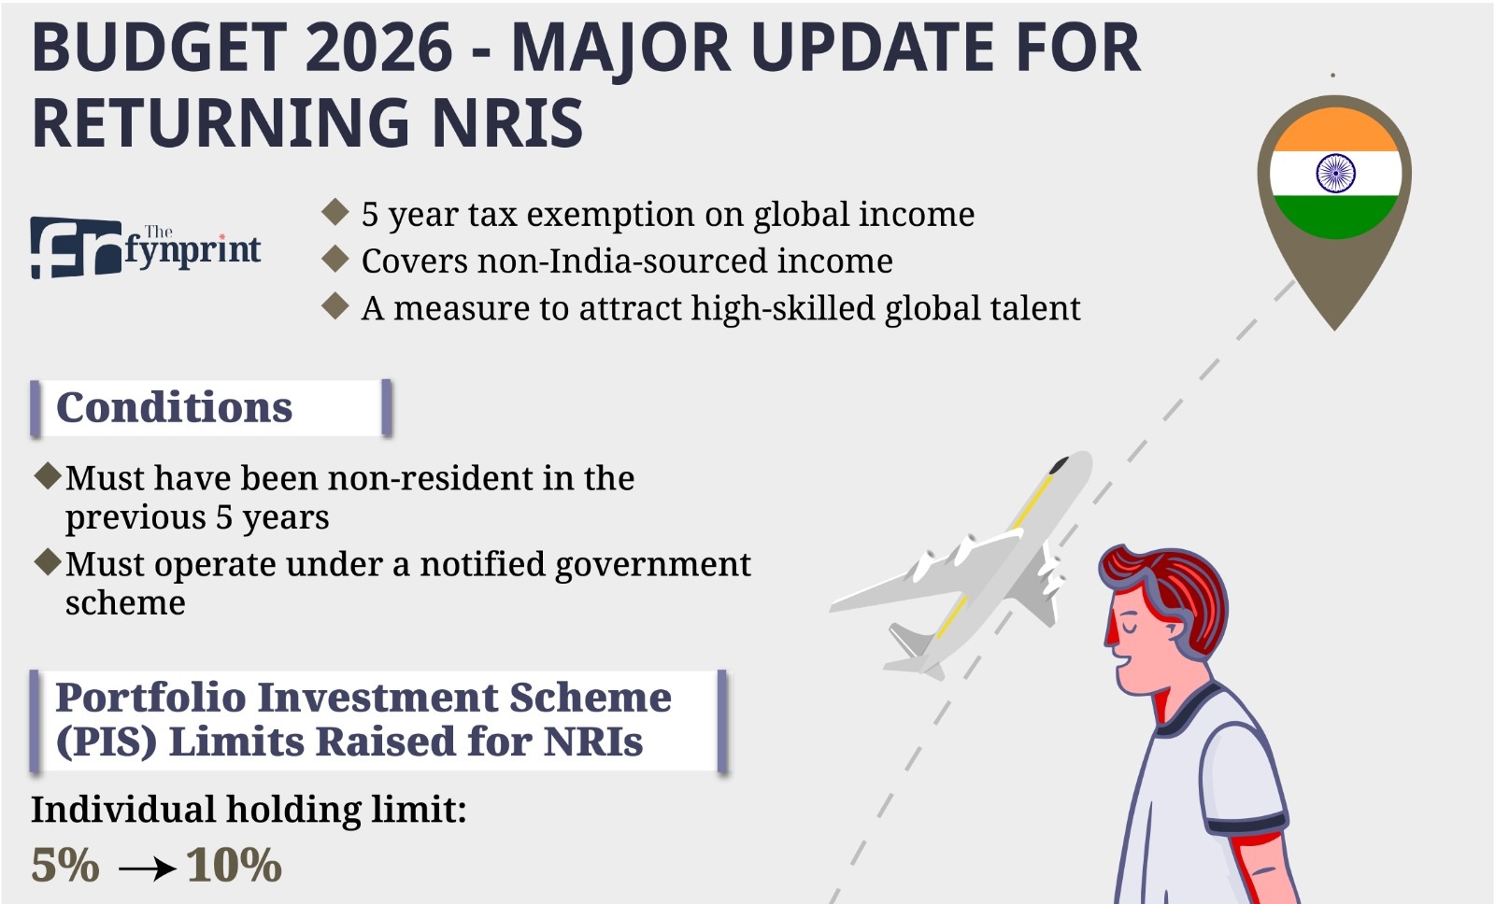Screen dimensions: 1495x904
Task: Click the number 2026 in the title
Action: pos(378,48)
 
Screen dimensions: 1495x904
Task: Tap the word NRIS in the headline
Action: pos(507,122)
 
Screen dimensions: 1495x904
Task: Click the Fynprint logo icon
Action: pos(76,247)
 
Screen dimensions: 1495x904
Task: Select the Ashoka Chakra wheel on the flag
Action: pos(1335,173)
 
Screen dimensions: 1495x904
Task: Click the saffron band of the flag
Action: pos(1335,130)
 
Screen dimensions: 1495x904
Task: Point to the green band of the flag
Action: pos(1335,217)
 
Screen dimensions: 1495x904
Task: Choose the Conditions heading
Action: pos(174,407)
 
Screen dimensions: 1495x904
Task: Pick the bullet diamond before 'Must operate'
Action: pos(48,562)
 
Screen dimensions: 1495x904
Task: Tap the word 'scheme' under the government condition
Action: pos(125,603)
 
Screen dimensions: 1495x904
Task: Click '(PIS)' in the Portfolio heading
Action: pos(107,742)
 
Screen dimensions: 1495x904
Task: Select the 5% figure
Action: pos(65,866)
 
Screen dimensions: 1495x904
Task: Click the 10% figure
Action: pos(235,866)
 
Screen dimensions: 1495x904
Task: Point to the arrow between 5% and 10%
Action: pos(148,869)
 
